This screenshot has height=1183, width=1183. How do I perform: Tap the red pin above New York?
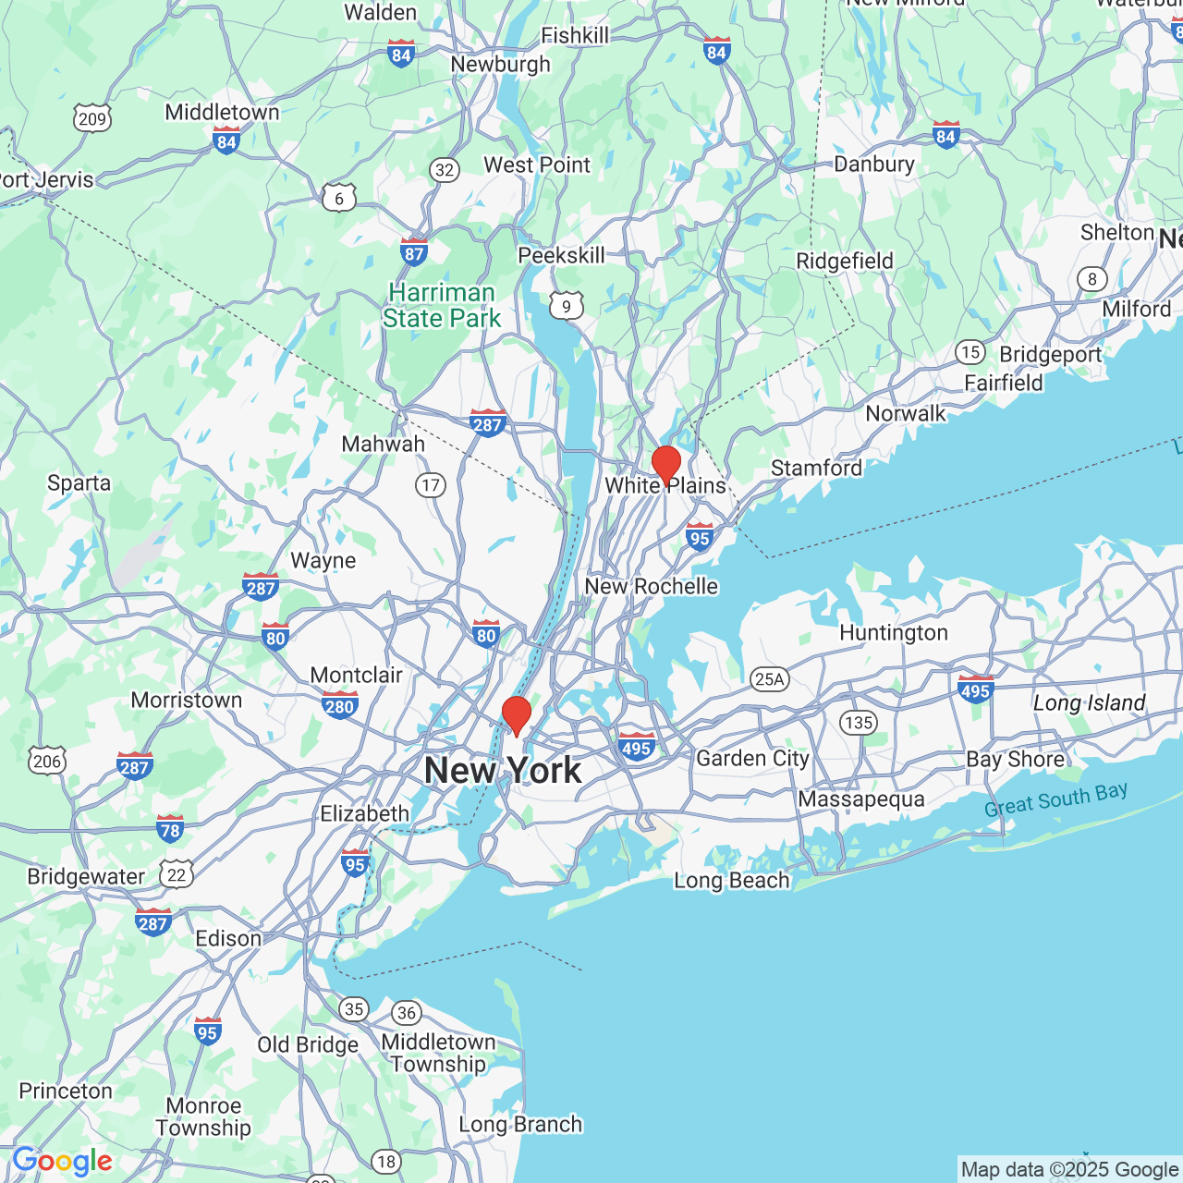tap(516, 715)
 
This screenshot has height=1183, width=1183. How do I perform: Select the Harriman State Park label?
tap(442, 306)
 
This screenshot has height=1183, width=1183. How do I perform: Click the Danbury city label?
tap(873, 165)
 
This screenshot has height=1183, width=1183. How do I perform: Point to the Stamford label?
tap(816, 468)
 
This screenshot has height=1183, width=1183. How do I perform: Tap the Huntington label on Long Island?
tap(893, 633)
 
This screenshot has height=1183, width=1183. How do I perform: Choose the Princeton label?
tap(66, 1092)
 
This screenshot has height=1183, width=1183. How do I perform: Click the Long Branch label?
tap(520, 1125)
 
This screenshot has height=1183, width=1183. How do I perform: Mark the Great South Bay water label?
tap(1055, 800)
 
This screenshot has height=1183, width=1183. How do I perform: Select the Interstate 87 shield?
tap(414, 251)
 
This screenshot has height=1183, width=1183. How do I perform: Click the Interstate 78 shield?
tap(170, 828)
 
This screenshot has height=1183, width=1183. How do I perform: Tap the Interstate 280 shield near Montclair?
tap(339, 705)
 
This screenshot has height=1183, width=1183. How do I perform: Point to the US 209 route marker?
tap(92, 118)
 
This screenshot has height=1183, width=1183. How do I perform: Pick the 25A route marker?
tap(769, 679)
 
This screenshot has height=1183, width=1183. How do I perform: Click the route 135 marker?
tap(859, 722)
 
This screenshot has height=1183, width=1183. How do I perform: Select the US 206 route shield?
tap(47, 761)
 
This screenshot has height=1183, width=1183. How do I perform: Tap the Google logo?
tap(63, 1161)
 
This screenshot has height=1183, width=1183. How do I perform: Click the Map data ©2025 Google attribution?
tap(1069, 1170)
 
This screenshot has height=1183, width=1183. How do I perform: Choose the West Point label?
tap(536, 165)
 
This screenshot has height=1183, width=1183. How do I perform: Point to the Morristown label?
tap(186, 701)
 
